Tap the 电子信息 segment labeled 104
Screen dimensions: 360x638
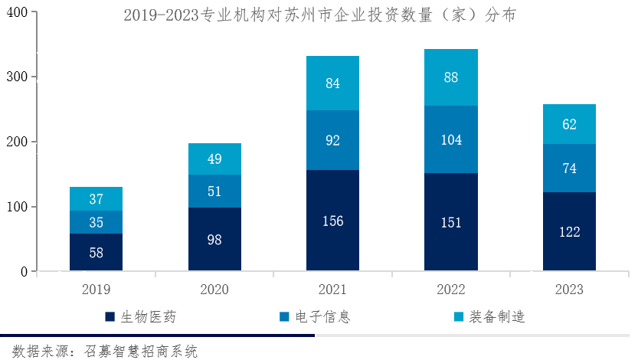[x=451, y=139]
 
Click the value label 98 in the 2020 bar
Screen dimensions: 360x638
[x=214, y=240]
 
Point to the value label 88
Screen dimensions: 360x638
[x=451, y=77]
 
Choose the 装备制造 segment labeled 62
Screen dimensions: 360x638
[x=569, y=124]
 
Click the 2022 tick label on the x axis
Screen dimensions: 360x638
[x=451, y=290]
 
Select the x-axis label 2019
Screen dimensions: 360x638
[x=96, y=290]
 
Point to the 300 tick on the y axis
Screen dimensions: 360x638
[x=19, y=77]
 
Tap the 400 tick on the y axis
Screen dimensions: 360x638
[x=19, y=13]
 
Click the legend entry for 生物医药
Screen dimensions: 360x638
[x=146, y=316]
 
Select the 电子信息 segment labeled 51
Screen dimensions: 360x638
[x=214, y=191]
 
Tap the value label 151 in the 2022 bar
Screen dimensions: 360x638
[x=451, y=222]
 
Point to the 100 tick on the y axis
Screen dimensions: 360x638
[x=19, y=207]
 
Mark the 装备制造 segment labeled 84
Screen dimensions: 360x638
[x=332, y=83]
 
